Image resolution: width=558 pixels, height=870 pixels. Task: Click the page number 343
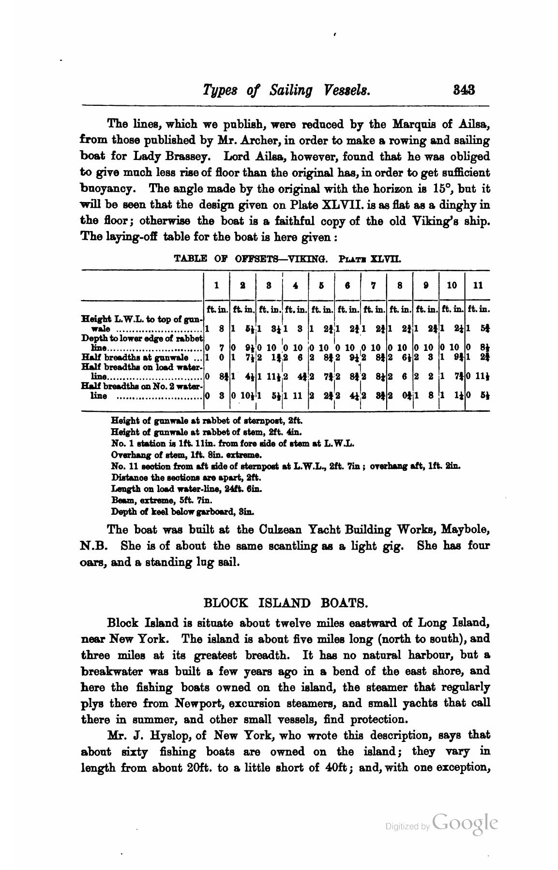463,90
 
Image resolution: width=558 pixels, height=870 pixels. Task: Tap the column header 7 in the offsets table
373,285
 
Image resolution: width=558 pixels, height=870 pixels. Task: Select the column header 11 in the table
477,285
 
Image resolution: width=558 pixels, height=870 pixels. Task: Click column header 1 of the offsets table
216,285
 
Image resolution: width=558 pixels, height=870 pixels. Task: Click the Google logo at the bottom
465,823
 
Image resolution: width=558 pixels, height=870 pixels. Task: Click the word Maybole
465,530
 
